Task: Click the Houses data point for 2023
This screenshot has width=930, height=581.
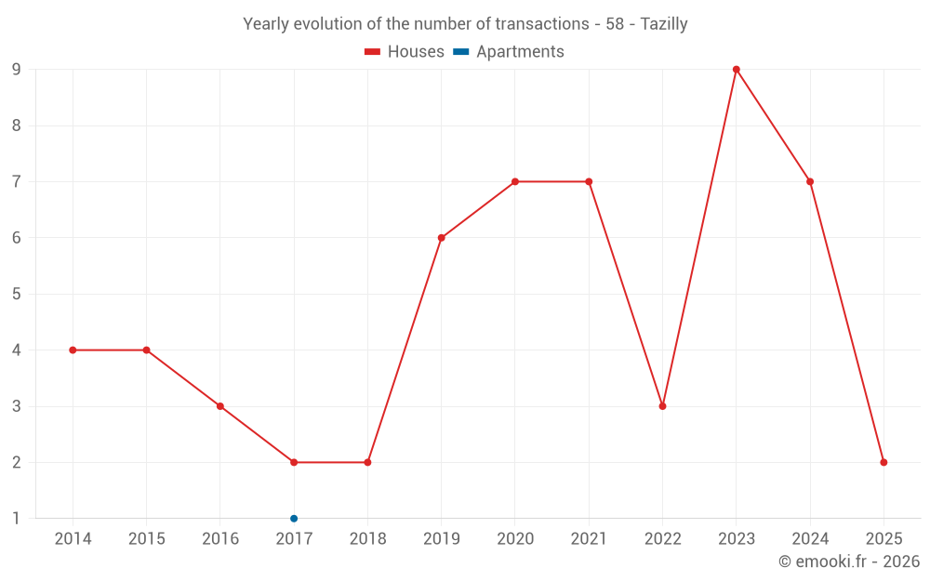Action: coord(736,70)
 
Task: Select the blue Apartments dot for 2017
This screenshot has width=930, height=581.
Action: coord(294,519)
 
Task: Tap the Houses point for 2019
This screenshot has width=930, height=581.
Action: coord(441,238)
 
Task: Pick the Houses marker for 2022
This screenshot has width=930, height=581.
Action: coord(662,406)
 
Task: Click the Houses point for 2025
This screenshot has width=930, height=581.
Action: coord(883,462)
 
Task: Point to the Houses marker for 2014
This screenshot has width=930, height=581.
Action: coord(73,350)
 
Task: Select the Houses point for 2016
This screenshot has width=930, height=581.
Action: coord(220,406)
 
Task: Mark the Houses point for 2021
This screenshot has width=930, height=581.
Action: coord(589,182)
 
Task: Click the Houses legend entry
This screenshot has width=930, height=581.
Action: coord(405,52)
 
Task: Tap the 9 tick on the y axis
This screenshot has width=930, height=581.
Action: coord(16,70)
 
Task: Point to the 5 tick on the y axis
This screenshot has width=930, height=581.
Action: coord(16,295)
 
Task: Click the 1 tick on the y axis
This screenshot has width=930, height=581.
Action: coord(16,519)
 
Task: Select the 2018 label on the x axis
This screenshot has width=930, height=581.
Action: coord(367,539)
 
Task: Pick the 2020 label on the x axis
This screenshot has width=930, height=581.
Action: coord(515,539)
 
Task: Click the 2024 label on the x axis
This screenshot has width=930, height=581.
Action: coord(810,539)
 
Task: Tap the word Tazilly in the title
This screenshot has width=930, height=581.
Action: coord(664,24)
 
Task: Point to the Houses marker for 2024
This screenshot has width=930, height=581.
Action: coord(810,182)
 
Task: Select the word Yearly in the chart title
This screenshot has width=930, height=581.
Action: coord(266,24)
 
